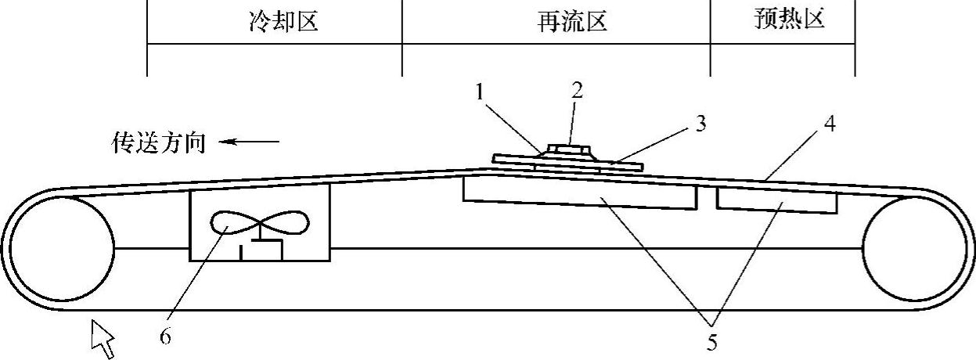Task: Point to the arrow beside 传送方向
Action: [x=249, y=142]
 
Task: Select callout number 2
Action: [x=577, y=90]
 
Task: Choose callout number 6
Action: [x=166, y=337]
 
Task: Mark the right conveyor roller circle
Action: [x=913, y=249]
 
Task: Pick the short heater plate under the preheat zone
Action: [x=776, y=203]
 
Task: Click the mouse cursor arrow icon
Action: [x=103, y=338]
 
